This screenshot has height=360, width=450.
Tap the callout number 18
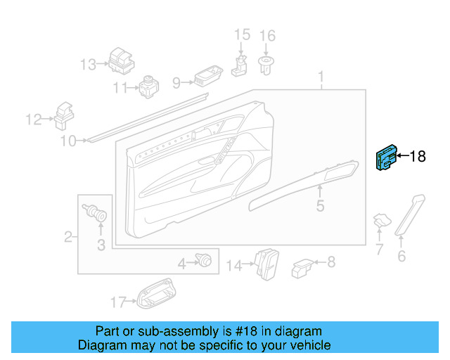coord(418,156)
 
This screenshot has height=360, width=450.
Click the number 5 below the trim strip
coord(320,206)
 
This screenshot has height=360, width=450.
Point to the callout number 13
coord(87,65)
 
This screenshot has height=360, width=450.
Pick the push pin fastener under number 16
coord(266,66)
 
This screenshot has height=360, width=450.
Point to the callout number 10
coord(67,141)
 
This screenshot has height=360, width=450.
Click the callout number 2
coord(69,236)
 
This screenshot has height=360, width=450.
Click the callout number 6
coord(401,257)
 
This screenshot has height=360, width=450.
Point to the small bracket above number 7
coord(382,220)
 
